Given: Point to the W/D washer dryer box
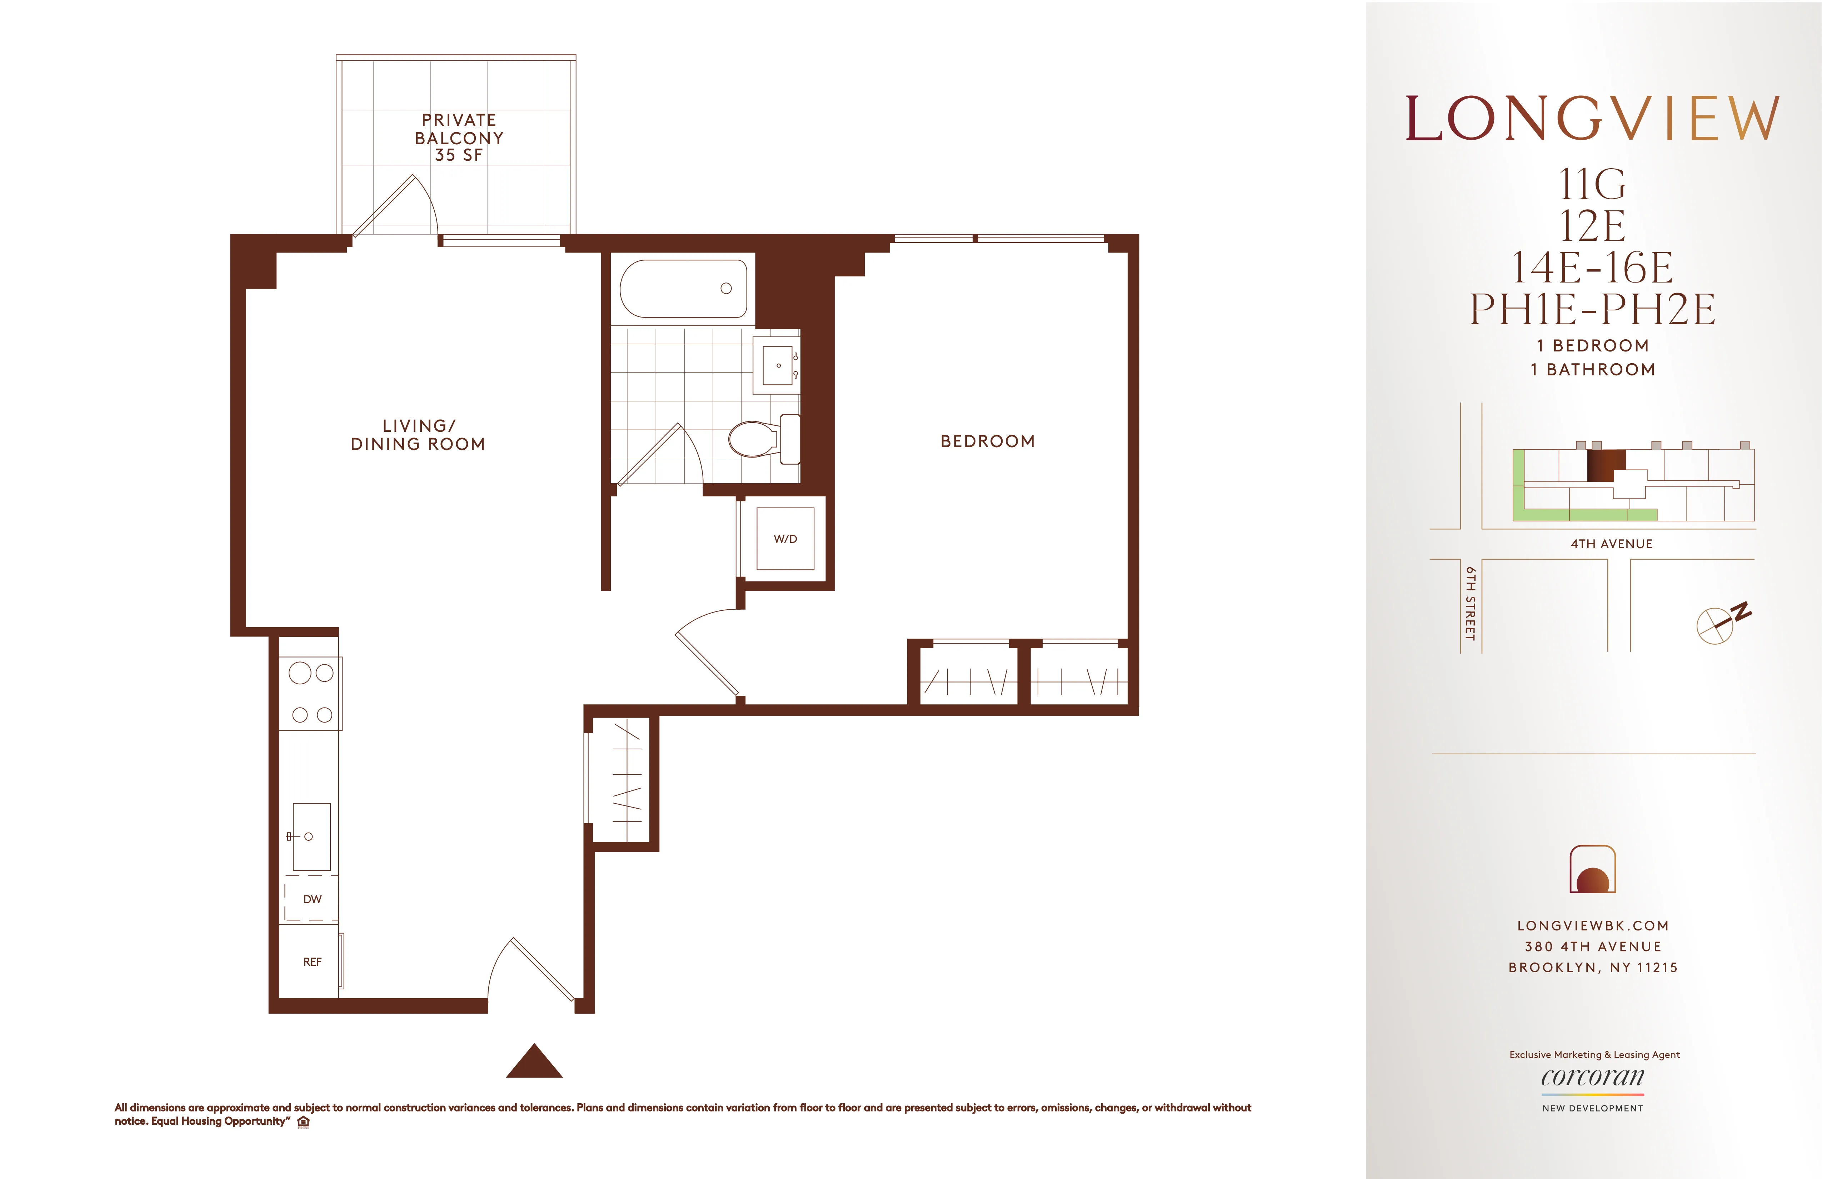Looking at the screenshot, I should tap(785, 539).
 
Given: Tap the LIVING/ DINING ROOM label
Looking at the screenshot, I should tap(418, 435).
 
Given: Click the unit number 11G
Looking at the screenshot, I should tap(1592, 185).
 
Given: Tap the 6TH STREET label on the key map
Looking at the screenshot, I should tap(1470, 603).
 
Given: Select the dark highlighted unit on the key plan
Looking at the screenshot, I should tap(1605, 465).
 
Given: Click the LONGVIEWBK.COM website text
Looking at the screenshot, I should tap(1592, 925).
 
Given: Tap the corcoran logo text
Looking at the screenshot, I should tap(1592, 1077).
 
